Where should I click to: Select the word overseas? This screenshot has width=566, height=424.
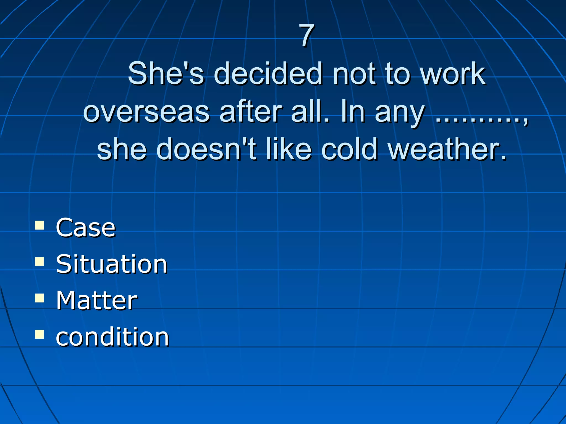point(146,112)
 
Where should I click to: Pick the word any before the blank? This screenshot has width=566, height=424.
point(399,113)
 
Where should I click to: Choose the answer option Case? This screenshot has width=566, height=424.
point(86,228)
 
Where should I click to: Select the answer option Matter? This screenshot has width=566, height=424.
point(96,301)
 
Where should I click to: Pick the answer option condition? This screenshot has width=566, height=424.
point(112,337)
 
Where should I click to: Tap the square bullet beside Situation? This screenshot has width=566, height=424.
point(40,261)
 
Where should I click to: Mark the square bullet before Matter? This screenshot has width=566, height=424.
point(40,298)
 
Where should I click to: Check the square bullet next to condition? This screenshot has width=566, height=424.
point(40,334)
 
